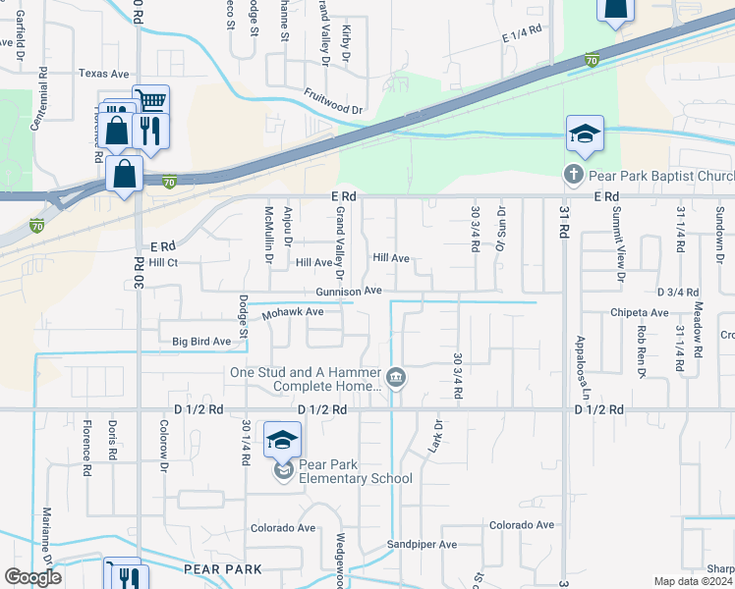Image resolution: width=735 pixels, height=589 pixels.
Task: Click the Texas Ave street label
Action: (x=104, y=74)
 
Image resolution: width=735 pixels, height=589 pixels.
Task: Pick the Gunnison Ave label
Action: (x=349, y=292)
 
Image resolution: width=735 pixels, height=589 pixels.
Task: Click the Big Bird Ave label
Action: (x=201, y=342)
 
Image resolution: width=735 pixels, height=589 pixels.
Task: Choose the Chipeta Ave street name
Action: (x=639, y=313)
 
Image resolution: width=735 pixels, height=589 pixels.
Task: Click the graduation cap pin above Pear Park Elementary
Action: (x=282, y=441)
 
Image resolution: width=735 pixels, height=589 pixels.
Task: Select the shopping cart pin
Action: (x=150, y=101)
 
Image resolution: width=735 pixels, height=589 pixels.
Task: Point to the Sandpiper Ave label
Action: (x=422, y=544)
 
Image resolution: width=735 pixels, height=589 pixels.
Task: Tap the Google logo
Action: (x=32, y=577)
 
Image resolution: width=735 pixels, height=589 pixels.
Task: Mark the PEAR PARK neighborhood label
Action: (x=222, y=569)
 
